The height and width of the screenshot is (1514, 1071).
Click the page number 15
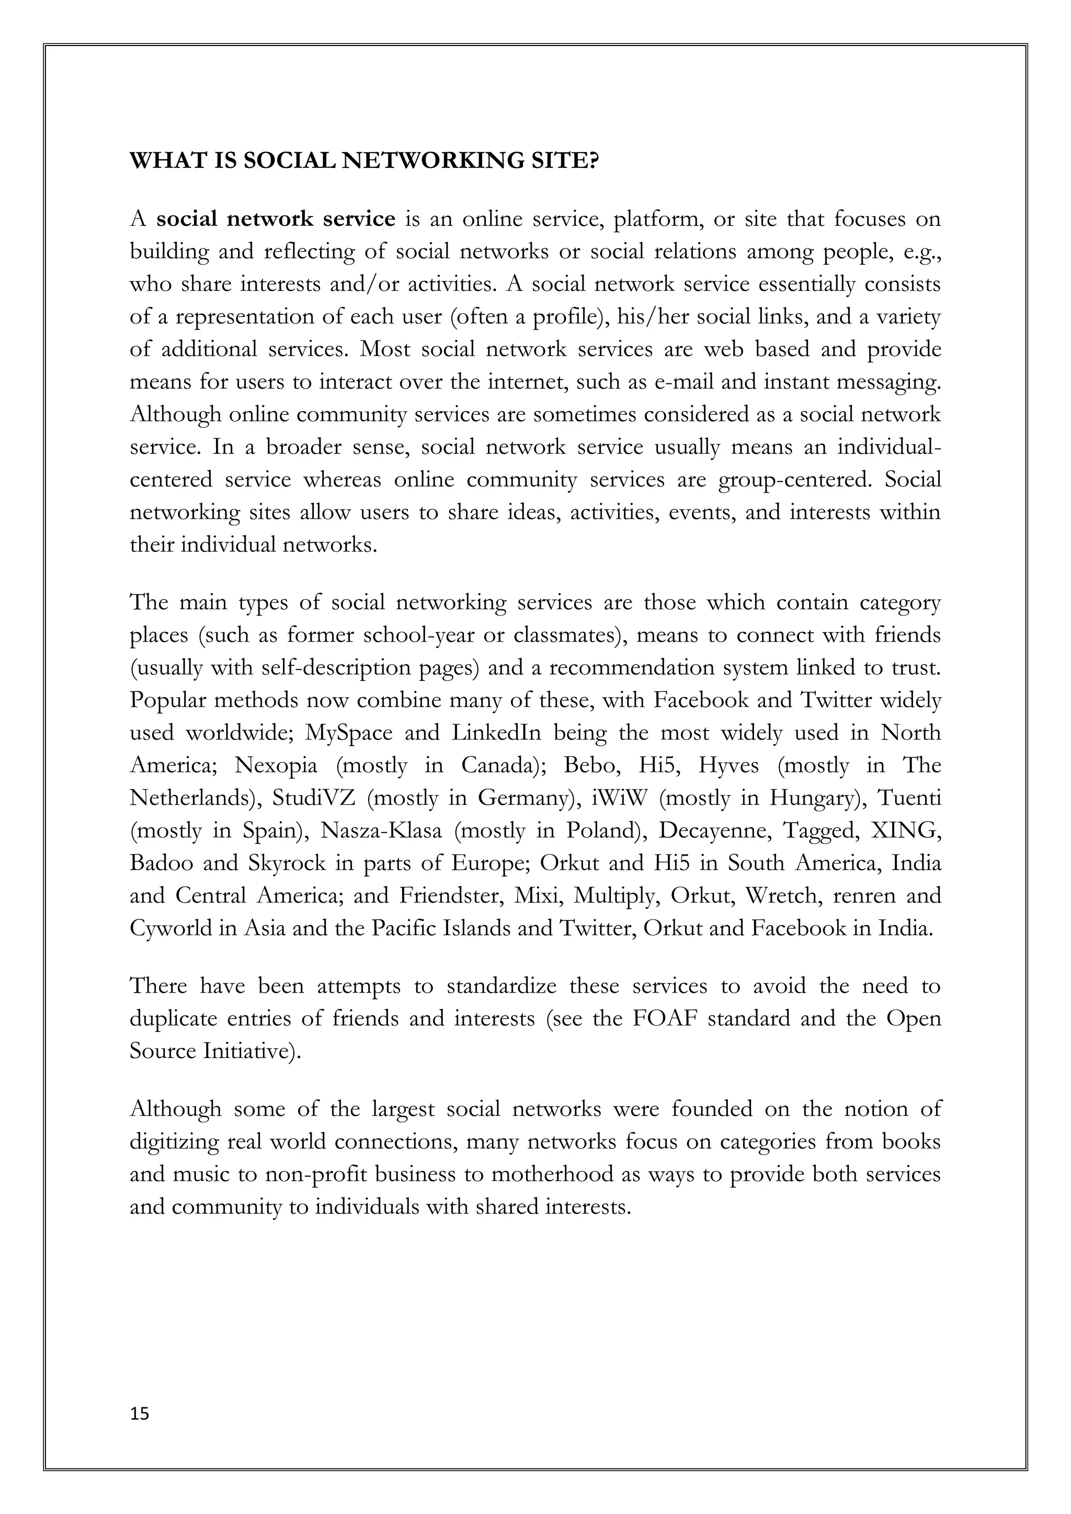pos(140,1414)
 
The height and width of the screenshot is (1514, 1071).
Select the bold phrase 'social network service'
pos(276,219)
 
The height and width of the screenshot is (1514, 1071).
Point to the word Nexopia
pos(276,766)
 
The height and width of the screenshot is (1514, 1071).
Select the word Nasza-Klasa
pos(381,830)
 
